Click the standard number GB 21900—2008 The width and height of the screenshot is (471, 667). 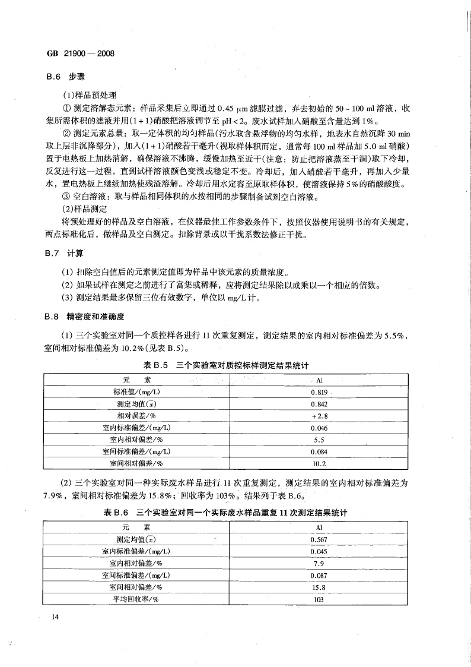(80, 53)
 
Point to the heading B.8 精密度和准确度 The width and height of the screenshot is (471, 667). (85, 317)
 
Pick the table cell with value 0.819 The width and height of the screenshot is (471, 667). (319, 393)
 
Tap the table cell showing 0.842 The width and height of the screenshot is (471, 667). (319, 404)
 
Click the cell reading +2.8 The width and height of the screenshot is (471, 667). (319, 416)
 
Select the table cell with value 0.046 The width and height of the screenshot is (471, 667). (319, 428)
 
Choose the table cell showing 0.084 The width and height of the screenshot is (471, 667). (319, 452)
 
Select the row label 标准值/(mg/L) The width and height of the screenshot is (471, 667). (136, 393)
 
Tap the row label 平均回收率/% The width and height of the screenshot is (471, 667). (136, 599)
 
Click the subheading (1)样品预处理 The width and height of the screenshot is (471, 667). (90, 95)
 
